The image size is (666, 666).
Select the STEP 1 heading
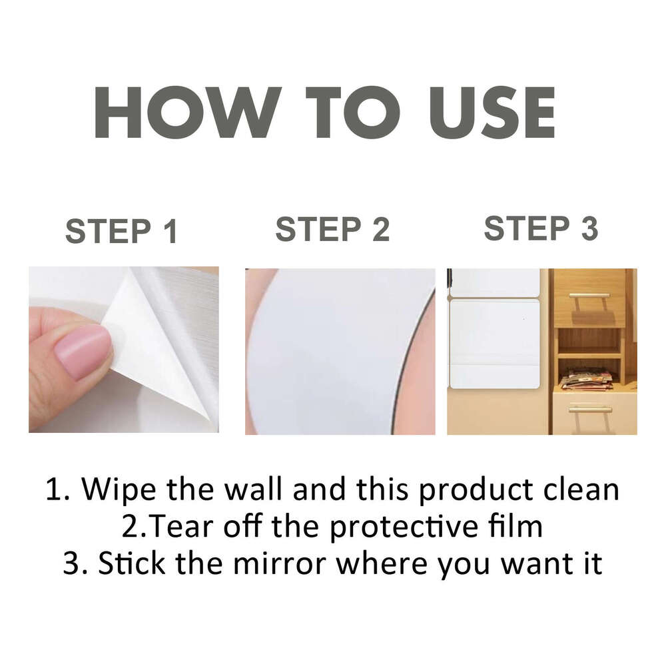[122, 231]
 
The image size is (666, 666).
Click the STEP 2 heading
[332, 230]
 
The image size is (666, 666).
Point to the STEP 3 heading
[541, 228]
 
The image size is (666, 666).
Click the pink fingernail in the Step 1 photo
[83, 351]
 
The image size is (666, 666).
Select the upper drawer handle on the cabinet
[589, 295]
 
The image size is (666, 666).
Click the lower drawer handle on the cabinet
[589, 408]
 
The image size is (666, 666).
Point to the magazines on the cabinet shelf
[586, 379]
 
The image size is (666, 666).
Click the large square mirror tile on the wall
[494, 343]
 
